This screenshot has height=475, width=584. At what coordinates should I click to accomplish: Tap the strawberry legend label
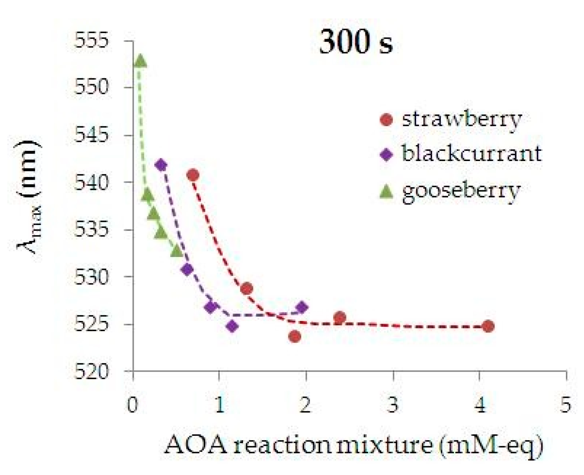click(x=462, y=119)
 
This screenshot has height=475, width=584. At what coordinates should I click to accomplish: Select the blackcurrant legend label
click(x=472, y=153)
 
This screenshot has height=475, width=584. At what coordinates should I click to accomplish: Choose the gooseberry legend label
click(x=461, y=191)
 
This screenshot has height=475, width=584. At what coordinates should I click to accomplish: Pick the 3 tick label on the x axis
click(x=393, y=405)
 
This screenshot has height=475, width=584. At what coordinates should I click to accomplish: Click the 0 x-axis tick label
click(x=132, y=405)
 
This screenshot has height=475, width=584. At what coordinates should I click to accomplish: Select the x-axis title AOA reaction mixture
click(x=353, y=445)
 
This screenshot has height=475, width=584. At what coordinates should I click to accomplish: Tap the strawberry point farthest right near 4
click(x=488, y=327)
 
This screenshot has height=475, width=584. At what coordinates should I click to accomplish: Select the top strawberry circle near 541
click(x=193, y=175)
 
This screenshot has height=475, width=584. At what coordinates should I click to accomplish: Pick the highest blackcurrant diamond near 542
click(x=161, y=165)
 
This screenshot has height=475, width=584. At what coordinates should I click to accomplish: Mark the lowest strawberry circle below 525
click(x=295, y=336)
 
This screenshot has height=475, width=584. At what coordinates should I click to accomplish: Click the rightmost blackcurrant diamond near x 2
click(x=302, y=307)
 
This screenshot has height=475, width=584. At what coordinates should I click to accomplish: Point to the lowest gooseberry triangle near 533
click(x=177, y=251)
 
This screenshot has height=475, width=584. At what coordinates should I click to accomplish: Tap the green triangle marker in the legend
click(x=386, y=191)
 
